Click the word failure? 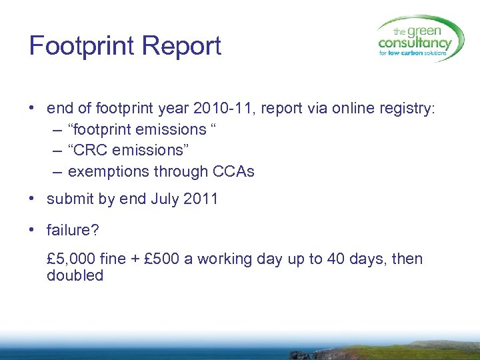(73, 231)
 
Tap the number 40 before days (333, 258)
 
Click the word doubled (75, 275)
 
